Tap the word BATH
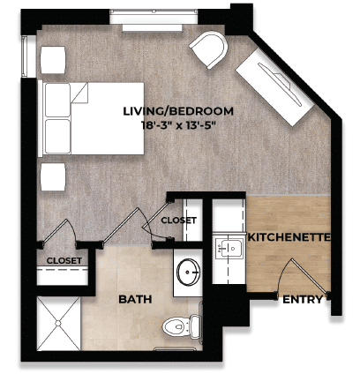(x=135, y=300)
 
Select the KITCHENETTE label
(x=289, y=238)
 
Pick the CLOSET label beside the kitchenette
(x=178, y=220)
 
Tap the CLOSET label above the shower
(x=64, y=261)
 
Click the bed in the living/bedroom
(x=93, y=116)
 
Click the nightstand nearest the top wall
(x=54, y=59)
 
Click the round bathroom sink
(x=188, y=273)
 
